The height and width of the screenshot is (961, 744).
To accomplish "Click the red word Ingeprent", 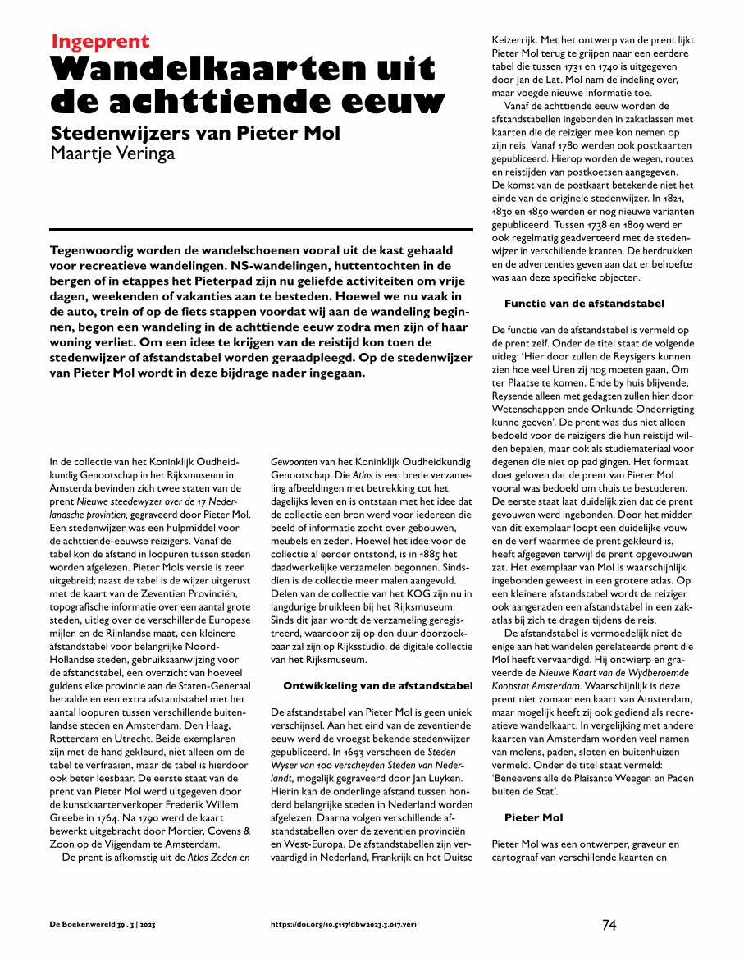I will [x=100, y=42].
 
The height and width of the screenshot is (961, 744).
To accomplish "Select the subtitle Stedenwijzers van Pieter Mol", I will [x=195, y=133].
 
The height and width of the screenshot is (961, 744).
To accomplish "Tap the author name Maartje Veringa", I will [x=113, y=153].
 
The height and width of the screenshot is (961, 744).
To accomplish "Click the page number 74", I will [x=609, y=925].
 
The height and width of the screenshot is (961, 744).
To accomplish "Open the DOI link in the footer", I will [x=344, y=925].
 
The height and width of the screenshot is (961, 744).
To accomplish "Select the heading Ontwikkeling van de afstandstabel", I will [x=377, y=685].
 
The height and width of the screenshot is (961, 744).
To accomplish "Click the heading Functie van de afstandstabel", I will [x=584, y=304].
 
